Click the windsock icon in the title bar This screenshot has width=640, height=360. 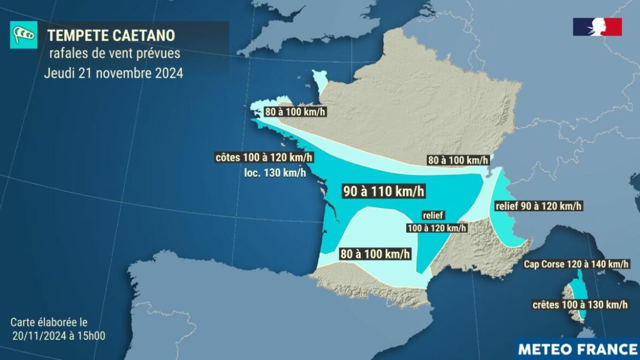[x=23, y=36]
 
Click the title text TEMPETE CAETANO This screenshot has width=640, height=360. [x=111, y=36]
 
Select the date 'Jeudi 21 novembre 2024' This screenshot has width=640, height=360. [x=114, y=73]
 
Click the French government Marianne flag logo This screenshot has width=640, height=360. [x=597, y=27]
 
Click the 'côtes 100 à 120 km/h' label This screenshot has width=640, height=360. [x=265, y=158]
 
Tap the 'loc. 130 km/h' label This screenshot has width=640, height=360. [x=275, y=173]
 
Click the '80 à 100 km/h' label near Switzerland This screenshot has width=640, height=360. [x=457, y=160]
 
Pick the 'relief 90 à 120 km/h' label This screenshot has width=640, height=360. [x=538, y=206]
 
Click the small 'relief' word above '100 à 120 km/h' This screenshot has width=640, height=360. [x=433, y=216]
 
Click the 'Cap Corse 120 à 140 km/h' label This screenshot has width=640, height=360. [x=576, y=265]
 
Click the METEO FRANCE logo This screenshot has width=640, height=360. [x=577, y=349]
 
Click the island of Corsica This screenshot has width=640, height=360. [x=576, y=298]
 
